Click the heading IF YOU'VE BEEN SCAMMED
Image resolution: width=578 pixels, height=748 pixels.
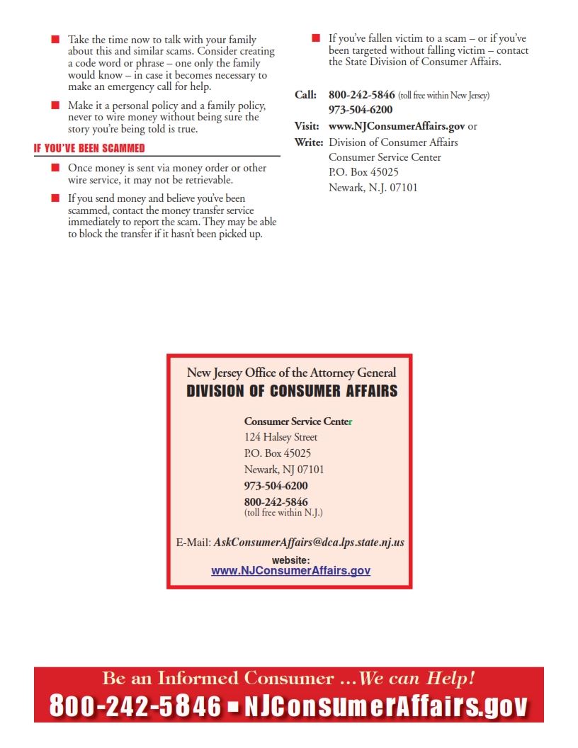click(89, 149)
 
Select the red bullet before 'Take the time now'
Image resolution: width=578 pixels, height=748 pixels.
click(55, 40)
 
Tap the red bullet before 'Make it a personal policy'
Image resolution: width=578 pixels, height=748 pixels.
click(55, 106)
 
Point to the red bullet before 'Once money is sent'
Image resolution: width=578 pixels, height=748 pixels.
click(55, 168)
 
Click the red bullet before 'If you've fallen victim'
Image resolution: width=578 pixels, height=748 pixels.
click(316, 38)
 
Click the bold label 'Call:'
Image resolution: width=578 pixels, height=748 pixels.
click(305, 95)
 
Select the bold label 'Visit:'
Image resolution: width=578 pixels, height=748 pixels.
click(307, 126)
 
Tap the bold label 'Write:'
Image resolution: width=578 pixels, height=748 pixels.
click(308, 142)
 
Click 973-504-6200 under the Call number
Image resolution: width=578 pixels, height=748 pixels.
click(361, 110)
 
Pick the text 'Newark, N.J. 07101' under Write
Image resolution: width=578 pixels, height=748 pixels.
click(373, 188)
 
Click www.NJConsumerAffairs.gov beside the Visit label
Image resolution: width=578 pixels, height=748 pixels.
click(397, 126)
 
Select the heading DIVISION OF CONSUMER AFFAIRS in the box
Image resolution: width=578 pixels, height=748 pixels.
click(292, 391)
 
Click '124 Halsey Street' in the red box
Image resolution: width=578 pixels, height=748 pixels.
click(280, 437)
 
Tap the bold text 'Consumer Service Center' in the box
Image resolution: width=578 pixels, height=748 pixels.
click(297, 421)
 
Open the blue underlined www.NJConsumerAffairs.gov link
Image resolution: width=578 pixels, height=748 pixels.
click(290, 570)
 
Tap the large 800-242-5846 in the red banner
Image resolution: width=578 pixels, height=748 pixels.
click(135, 706)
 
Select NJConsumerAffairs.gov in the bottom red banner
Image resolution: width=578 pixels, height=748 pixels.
click(386, 706)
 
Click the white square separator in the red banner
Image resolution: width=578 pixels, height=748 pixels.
click(232, 706)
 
